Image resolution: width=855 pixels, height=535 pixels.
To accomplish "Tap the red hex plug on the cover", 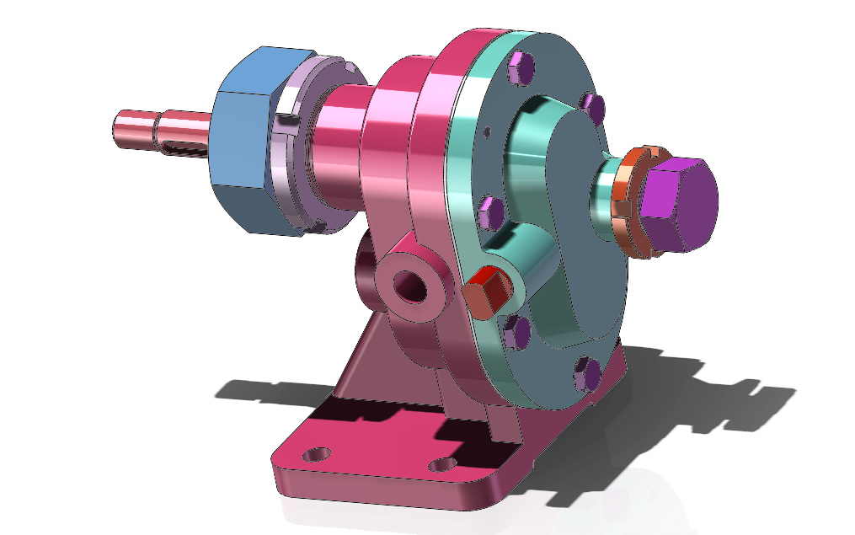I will [486, 291].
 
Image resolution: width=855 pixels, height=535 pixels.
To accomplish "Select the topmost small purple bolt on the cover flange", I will [520, 68].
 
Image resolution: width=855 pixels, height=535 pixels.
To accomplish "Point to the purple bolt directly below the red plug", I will [516, 333].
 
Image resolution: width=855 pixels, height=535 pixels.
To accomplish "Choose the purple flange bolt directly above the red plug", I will [489, 211].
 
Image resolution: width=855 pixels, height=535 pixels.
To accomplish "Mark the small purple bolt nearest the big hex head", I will [593, 107].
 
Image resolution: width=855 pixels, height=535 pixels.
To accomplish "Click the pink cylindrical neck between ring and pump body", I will [337, 152].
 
